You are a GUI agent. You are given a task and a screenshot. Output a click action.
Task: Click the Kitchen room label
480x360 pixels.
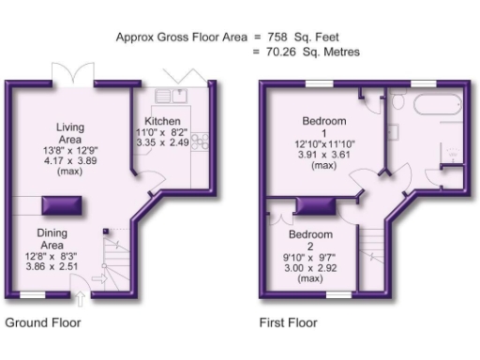(x=161, y=122)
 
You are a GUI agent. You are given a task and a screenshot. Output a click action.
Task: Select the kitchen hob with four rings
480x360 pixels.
(x=200, y=143)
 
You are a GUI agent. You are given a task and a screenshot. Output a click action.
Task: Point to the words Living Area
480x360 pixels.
(x=70, y=135)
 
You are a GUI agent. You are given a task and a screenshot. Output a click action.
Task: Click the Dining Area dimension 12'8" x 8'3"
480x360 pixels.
(x=52, y=255)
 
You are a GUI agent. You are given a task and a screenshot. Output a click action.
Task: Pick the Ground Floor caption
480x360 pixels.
(x=43, y=323)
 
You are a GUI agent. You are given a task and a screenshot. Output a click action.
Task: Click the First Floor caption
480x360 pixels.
(x=288, y=323)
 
